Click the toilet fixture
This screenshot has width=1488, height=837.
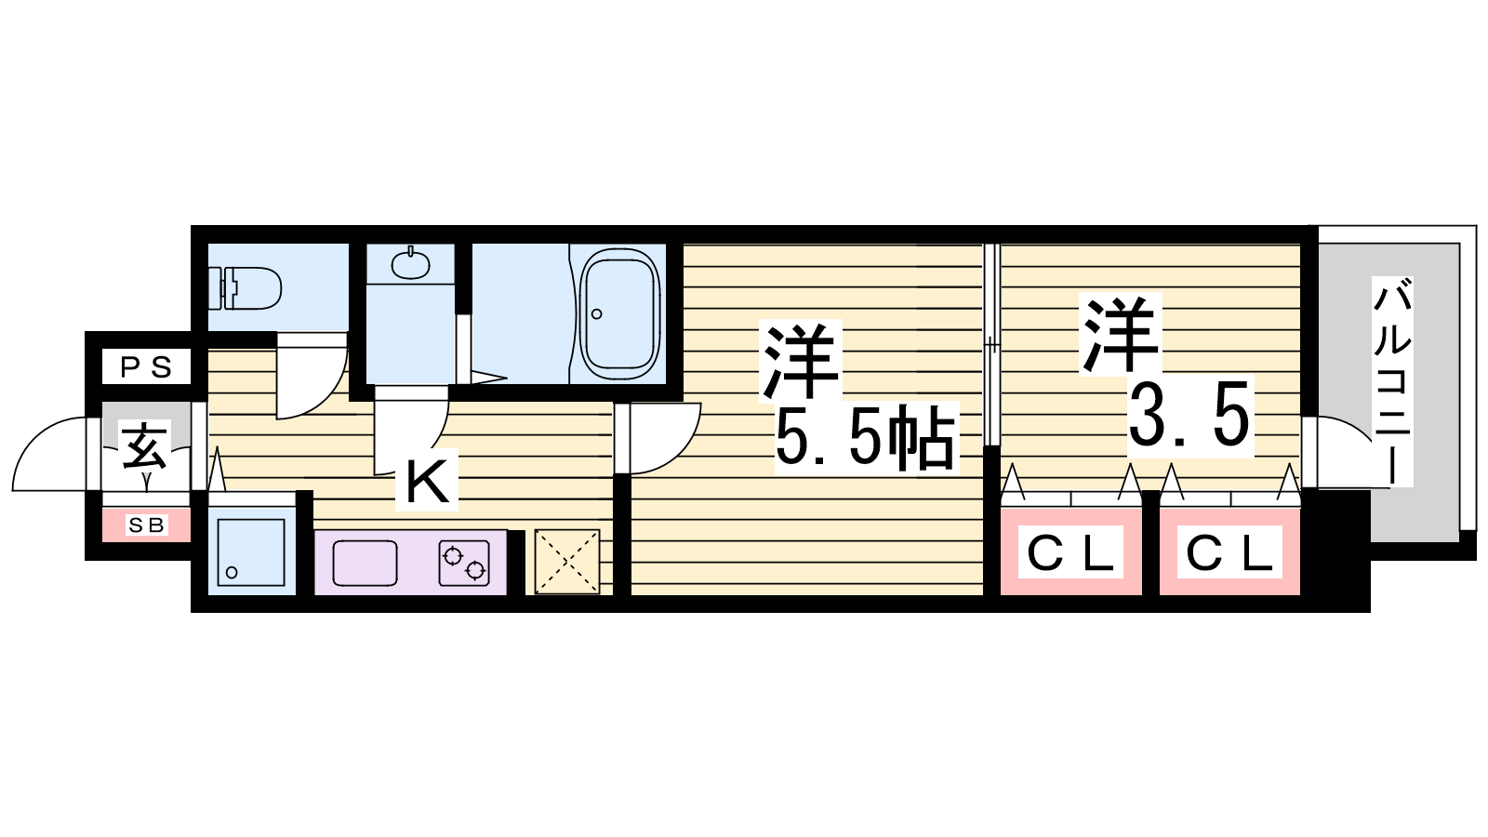click(245, 288)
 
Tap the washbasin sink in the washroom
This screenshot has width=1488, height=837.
click(410, 264)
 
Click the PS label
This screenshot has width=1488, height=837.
click(146, 366)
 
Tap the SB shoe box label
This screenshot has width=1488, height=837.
click(147, 525)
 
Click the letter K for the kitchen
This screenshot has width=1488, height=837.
click(428, 483)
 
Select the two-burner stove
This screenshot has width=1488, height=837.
click(464, 564)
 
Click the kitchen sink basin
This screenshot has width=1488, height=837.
click(365, 564)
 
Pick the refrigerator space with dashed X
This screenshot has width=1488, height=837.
click(567, 562)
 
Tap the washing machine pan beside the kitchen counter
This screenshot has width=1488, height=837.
click(251, 552)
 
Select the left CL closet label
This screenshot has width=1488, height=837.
click(1070, 552)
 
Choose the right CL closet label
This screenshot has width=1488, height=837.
click(1229, 552)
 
